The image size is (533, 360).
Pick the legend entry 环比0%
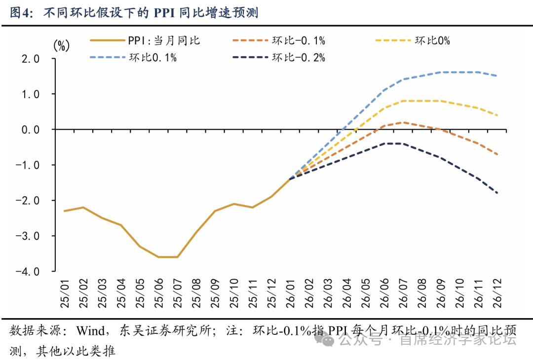coord(432,40)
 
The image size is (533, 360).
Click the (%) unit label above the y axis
coord(61,46)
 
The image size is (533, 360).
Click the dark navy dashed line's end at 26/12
coord(496,193)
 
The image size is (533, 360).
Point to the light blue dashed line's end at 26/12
coord(496,76)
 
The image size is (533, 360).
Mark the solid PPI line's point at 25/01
coord(64,211)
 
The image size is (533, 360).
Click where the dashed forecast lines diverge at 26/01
coord(289,179)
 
